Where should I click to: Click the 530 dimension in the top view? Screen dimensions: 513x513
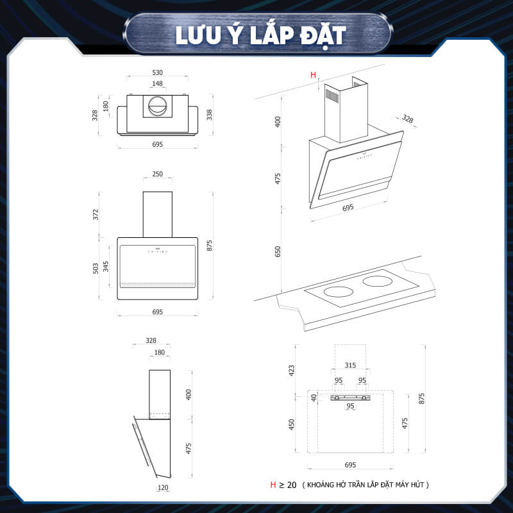point(157,72)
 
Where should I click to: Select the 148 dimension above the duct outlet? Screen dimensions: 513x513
point(157,83)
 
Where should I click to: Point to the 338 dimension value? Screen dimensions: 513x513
point(210,115)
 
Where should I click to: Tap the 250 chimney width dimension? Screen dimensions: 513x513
point(157,174)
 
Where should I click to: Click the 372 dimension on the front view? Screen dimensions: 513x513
point(96,214)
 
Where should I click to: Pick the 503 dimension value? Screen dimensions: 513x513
point(96,268)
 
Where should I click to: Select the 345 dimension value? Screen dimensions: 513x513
point(106,266)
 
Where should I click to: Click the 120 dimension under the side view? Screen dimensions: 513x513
point(163,488)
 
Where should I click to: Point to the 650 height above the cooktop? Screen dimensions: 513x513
point(278,251)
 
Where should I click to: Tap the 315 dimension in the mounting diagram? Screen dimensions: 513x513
point(350,365)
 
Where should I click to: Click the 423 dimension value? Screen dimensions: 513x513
point(292,371)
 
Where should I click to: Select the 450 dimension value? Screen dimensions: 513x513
point(292,425)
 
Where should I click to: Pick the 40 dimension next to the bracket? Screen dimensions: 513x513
point(314,398)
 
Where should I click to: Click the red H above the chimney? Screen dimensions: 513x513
point(313,75)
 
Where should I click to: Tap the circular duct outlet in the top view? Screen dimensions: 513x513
point(158,106)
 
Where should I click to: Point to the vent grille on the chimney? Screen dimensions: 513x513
point(332,96)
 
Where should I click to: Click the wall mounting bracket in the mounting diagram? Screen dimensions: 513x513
point(350,398)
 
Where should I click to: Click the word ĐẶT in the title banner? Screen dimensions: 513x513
point(323,37)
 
